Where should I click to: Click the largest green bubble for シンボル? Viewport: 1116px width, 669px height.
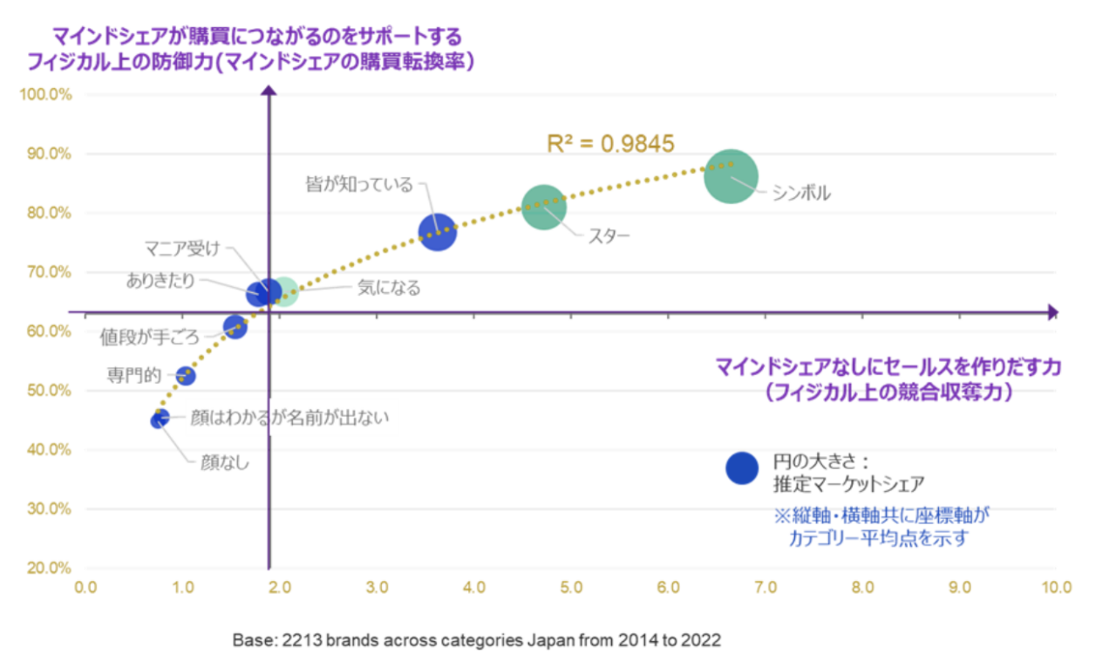(x=731, y=176)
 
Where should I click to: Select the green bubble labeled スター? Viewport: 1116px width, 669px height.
(x=544, y=208)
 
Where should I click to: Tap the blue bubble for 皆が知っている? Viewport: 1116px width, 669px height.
(x=438, y=232)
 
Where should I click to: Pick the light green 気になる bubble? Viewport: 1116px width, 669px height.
(x=284, y=291)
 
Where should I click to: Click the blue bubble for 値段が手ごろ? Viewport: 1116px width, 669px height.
(x=235, y=327)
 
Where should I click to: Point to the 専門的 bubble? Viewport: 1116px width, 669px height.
(x=186, y=375)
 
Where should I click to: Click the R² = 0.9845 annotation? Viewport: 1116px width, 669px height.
(x=610, y=144)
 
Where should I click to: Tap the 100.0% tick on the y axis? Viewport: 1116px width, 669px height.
(x=46, y=94)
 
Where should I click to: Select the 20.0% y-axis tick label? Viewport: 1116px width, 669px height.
(x=49, y=568)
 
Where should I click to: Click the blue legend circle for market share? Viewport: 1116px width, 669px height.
(x=742, y=468)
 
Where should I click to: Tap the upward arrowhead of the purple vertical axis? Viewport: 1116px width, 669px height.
(x=269, y=90)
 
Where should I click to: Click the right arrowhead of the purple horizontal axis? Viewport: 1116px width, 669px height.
(x=1053, y=312)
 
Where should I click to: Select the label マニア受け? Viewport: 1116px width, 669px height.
(x=182, y=249)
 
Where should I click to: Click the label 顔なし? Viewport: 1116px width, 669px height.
(x=225, y=462)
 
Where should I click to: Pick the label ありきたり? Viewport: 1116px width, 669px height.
(x=160, y=281)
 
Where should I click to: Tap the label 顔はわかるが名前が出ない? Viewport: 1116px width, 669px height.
(x=289, y=418)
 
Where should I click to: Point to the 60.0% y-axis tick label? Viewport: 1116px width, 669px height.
(x=49, y=331)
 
